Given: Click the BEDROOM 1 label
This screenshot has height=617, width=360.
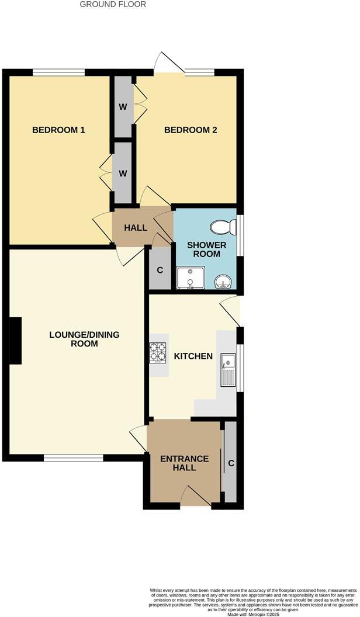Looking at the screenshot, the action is (58, 130).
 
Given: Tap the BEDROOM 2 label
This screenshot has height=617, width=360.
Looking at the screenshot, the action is (191, 130).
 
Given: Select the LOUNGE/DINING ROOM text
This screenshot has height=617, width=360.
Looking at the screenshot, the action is (84, 339).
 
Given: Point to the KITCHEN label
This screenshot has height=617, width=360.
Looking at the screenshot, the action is (193, 356).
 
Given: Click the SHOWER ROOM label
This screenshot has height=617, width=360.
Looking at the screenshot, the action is (206, 249).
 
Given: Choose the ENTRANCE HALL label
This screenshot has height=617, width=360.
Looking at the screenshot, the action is (185, 463).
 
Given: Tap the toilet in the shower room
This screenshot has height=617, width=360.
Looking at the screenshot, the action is (223, 227).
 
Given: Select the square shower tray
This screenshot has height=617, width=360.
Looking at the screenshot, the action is (191, 278).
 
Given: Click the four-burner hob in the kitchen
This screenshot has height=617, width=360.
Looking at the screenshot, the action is (157, 352).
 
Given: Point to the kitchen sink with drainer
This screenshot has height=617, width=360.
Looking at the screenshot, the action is (228, 370).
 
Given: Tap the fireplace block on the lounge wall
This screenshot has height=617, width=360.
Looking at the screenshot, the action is (15, 341).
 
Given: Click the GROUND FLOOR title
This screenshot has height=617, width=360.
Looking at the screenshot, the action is (113, 4).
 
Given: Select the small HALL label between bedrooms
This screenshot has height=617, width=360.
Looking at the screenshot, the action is (136, 227).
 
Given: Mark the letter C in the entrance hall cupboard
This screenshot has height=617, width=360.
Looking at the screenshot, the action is (231, 463).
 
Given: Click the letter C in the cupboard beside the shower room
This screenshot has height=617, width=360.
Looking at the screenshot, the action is (160, 271).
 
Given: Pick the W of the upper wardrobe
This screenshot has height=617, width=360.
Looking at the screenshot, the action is (123, 107).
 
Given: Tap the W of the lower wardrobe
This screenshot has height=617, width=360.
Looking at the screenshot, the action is (123, 173).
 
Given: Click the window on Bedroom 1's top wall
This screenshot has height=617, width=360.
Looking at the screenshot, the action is (58, 72).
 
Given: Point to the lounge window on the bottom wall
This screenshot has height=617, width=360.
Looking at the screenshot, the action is (74, 457).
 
